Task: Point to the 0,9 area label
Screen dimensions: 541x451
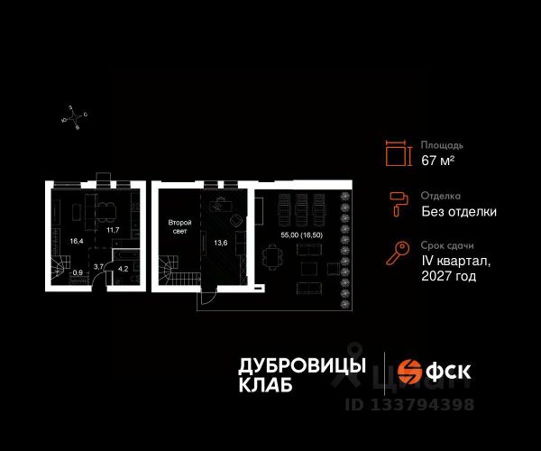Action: click(x=78, y=272)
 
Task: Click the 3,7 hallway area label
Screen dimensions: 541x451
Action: click(x=99, y=267)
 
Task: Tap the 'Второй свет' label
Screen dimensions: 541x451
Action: click(x=178, y=226)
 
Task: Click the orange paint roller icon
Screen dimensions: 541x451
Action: click(x=396, y=204)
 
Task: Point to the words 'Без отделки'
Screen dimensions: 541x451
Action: click(x=459, y=212)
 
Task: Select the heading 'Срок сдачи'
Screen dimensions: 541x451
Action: click(x=447, y=245)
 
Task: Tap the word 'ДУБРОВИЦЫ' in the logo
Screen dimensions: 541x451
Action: click(x=301, y=366)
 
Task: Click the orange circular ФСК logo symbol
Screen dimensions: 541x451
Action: click(x=413, y=373)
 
